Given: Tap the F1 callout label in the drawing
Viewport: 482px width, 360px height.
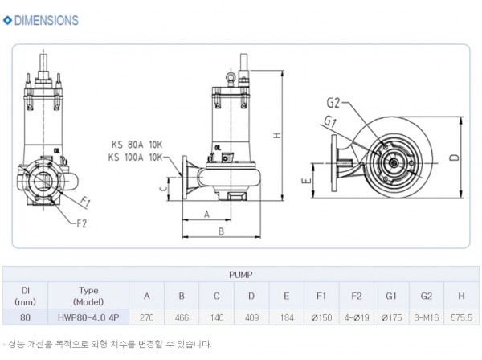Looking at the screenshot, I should point(84,200).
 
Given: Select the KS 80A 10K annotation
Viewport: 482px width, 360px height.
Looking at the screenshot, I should point(137,145).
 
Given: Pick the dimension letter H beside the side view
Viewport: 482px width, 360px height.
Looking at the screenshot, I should point(276,137).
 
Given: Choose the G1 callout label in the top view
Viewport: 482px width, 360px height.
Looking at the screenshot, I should point(330,121).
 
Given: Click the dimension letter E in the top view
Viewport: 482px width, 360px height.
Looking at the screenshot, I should point(308,182).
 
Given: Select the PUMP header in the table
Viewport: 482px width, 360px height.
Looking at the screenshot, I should point(241,274).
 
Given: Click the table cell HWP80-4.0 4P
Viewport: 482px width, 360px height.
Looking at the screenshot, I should point(88,317).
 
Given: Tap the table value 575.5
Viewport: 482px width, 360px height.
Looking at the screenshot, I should point(460,317).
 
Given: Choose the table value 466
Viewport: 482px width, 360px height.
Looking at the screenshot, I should point(182,317).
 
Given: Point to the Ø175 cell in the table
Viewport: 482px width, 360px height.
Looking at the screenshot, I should point(390,317).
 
